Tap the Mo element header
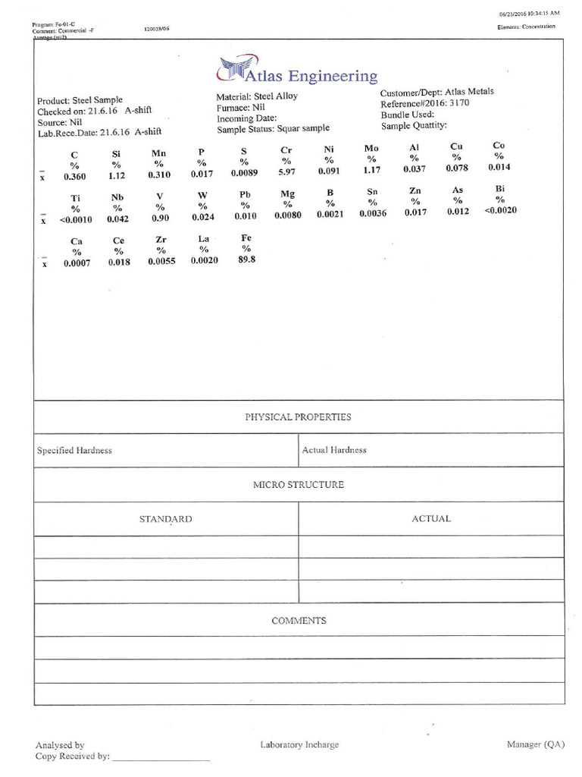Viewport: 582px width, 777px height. pos(371,148)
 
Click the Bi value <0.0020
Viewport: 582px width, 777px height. pos(499,210)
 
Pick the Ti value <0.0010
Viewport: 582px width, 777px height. pos(75,220)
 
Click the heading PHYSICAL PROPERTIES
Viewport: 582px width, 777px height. pos(298,417)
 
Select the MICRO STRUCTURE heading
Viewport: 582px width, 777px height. pos(298,484)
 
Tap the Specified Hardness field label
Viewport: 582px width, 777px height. pos(74,451)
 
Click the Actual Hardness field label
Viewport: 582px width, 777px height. pos(333,450)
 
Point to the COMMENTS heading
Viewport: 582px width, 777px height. pos(298,621)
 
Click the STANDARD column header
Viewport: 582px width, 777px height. pos(165,519)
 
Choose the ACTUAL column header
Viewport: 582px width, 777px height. pos(430,519)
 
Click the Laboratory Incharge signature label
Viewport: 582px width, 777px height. pos(299,745)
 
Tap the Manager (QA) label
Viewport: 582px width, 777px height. pos(534,744)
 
